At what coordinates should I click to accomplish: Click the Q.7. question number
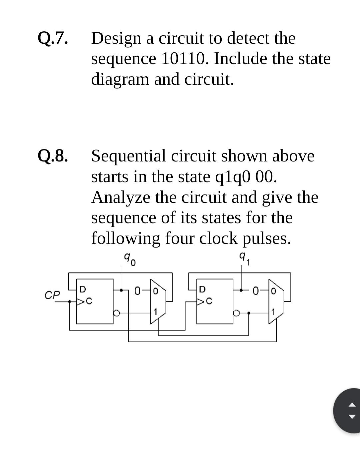[x=53, y=38]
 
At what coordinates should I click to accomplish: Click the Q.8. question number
[x=53, y=156]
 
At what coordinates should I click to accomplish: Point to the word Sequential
[x=128, y=156]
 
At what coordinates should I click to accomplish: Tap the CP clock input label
[x=52, y=295]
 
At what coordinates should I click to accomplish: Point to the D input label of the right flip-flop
[x=202, y=289]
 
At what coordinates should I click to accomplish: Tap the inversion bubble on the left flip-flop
[x=117, y=313]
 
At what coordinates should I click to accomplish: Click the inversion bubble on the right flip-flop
[x=236, y=313]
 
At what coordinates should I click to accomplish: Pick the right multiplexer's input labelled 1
[x=273, y=313]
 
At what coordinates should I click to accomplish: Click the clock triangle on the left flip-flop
[x=81, y=302]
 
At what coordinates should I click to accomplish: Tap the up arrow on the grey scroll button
[x=352, y=405]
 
